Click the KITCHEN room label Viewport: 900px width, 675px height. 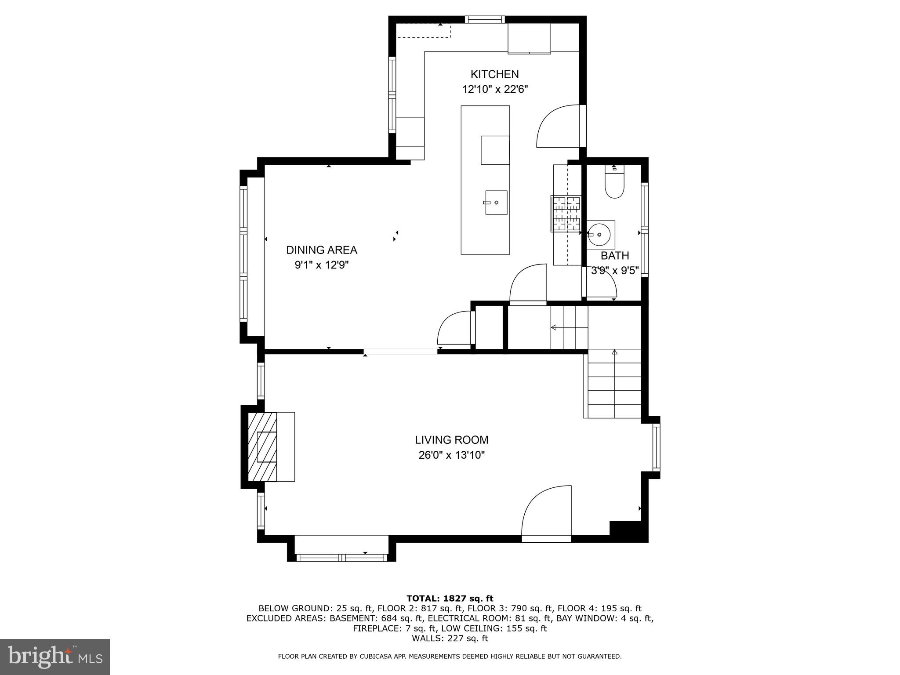pyautogui.click(x=494, y=74)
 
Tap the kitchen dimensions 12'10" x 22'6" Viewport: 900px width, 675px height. pyautogui.click(x=494, y=90)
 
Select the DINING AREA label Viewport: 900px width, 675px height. pyautogui.click(x=322, y=250)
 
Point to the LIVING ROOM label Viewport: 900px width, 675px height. pyautogui.click(x=451, y=440)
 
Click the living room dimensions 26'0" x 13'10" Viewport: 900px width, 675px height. pyautogui.click(x=451, y=455)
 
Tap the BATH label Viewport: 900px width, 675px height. pyautogui.click(x=614, y=256)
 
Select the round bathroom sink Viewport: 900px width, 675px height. pyautogui.click(x=599, y=233)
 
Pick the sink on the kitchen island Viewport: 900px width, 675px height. pyautogui.click(x=496, y=203)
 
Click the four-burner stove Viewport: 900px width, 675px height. pyautogui.click(x=566, y=214)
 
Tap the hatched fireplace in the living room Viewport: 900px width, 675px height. pyautogui.click(x=262, y=447)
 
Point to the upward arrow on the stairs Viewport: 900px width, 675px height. pyautogui.click(x=614, y=352)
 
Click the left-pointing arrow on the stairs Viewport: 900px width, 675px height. pyautogui.click(x=554, y=327)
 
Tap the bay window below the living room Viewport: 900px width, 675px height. pyautogui.click(x=341, y=557)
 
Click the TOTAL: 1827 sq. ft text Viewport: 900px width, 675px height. pyautogui.click(x=450, y=599)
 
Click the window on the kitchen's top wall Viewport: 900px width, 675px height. pyautogui.click(x=485, y=19)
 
